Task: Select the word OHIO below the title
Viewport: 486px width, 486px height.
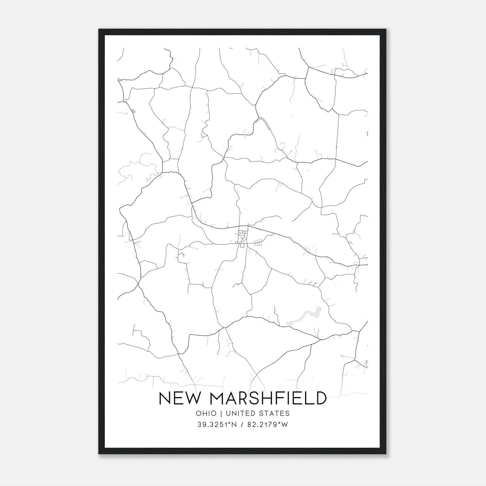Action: coord(206,413)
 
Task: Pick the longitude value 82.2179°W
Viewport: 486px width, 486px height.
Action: coord(267,425)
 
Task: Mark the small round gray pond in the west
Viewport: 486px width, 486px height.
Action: coord(148,180)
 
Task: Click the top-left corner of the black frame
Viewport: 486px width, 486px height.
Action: coord(99,29)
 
